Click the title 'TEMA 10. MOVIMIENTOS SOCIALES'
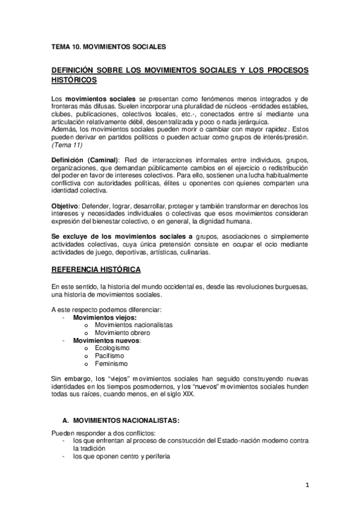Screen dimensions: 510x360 (109, 46)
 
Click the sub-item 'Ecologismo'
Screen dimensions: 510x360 (112, 348)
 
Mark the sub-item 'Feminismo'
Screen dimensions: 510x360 (111, 364)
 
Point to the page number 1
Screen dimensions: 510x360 (307, 485)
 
